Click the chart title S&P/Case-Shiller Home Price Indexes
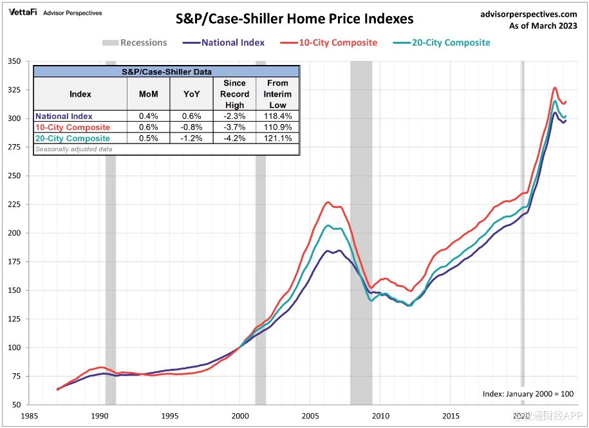point(295,19)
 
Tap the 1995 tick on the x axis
point(170,416)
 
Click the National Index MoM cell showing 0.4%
point(148,116)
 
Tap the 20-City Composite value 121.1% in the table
point(278,138)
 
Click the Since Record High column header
point(234,94)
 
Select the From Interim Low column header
point(278,94)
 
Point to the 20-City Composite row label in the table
point(73,138)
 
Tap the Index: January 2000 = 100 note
point(527,394)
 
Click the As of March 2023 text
point(543,26)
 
